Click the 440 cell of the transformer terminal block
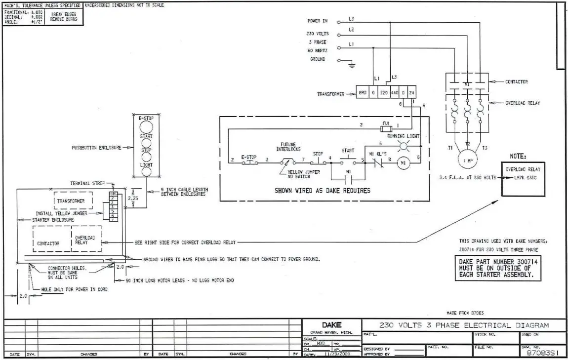[394, 93]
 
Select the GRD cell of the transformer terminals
[362, 93]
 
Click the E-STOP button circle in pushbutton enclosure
[147, 126]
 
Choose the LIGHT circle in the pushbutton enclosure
[147, 172]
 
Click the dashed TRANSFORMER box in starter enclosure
[71, 201]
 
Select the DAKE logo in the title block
[331, 325]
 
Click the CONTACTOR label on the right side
[516, 81]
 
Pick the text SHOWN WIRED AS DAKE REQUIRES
[322, 190]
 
